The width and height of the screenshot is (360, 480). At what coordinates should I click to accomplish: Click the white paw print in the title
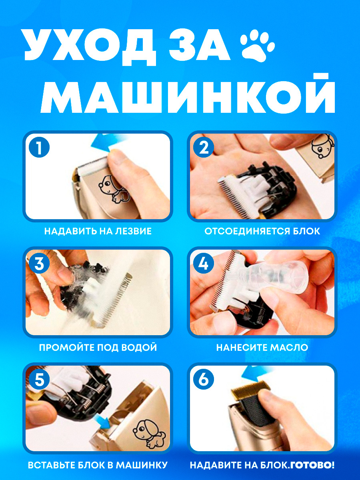click(257, 45)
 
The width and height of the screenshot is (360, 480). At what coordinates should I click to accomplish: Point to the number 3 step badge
click(39, 263)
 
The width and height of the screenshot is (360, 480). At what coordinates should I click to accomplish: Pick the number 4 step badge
click(204, 263)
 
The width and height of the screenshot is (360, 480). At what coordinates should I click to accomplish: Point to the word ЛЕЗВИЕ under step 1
click(133, 231)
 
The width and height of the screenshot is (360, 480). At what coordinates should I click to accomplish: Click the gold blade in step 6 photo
click(251, 390)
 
